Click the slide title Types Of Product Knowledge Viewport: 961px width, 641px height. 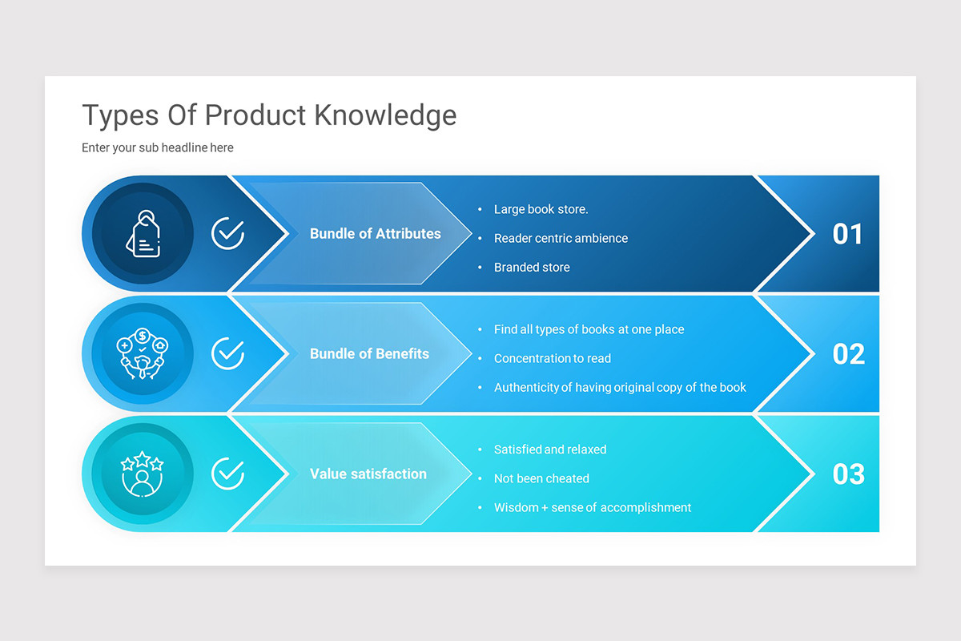269,115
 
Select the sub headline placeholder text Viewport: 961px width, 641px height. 158,147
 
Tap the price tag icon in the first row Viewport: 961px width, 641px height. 143,234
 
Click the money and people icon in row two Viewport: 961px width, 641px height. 143,353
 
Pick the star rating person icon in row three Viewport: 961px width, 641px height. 143,474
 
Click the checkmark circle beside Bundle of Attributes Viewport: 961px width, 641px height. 227,234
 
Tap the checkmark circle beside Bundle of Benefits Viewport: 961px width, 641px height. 227,353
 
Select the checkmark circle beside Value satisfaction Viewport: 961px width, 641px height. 227,474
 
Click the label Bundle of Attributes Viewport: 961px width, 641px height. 375,234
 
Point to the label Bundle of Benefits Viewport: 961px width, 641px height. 369,353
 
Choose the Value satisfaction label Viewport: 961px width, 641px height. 368,474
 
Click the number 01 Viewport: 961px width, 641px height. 848,234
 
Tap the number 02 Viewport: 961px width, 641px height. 848,354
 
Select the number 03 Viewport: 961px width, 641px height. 848,474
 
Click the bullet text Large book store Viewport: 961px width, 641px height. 541,209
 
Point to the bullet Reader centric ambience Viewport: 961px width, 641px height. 561,238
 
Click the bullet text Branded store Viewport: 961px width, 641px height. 532,267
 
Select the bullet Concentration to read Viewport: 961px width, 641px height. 552,358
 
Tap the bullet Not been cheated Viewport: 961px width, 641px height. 541,478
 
